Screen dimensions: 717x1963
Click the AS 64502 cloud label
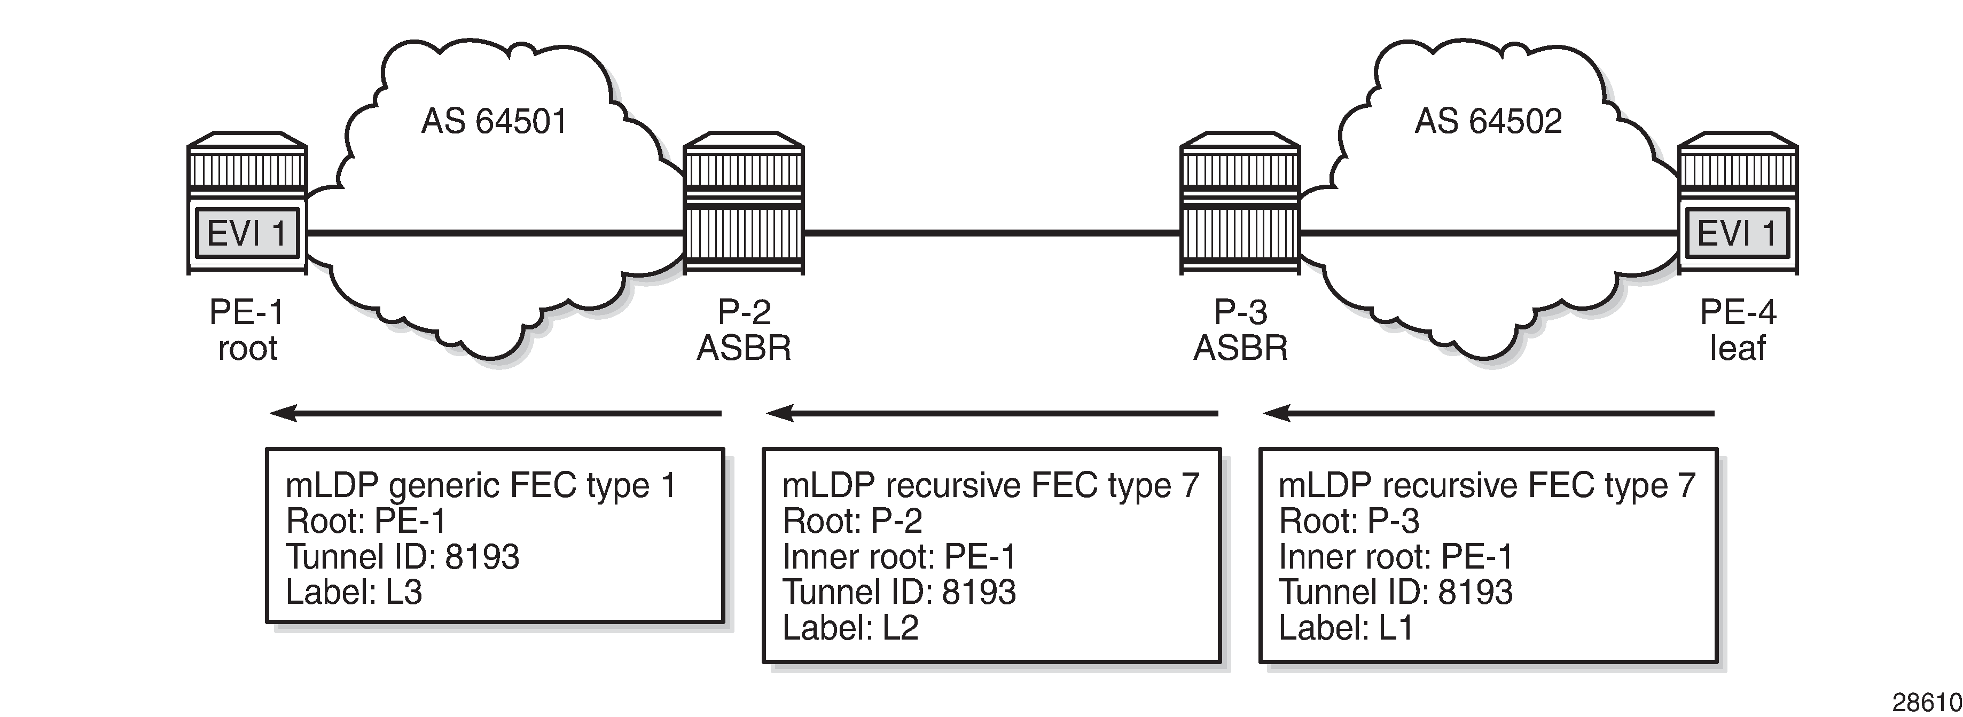[x=1488, y=122]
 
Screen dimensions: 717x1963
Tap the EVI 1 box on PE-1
[x=246, y=233]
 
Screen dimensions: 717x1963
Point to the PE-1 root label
[x=246, y=330]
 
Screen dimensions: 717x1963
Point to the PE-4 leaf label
[x=1738, y=330]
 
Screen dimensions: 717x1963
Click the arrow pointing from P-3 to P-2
[x=991, y=414]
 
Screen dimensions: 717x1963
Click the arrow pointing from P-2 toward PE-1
[x=495, y=414]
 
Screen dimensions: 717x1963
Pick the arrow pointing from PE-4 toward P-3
[x=1488, y=414]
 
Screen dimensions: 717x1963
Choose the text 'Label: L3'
[x=354, y=593]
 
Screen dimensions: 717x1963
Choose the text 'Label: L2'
[x=850, y=628]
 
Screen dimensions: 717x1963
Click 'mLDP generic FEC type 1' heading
[x=481, y=485]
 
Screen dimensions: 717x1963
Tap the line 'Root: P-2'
[x=852, y=521]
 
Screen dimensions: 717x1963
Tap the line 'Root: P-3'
[x=1349, y=521]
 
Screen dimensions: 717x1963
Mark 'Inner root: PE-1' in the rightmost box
[x=1395, y=557]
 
